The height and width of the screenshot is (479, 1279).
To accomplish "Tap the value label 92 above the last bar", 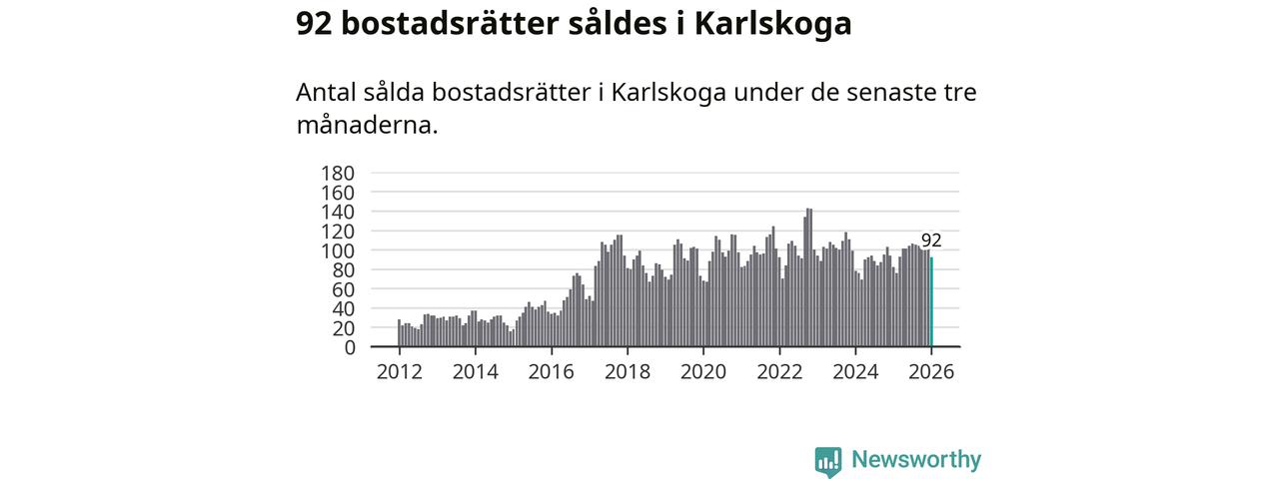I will point(931,240).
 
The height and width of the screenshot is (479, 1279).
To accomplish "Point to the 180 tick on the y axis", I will point(338,174).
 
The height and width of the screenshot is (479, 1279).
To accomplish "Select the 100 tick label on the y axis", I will point(338,250).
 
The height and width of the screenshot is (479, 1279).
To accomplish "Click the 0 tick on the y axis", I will point(350,347).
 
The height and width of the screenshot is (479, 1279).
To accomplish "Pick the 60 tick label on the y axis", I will point(344,289).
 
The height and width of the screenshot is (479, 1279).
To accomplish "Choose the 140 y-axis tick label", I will point(338,212).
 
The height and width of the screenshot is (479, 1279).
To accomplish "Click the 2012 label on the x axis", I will point(399,372).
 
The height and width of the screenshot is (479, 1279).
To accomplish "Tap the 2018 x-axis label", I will point(627,372).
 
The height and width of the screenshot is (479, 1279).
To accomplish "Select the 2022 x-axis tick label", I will point(779,372).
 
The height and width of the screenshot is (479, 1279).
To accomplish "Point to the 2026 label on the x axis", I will point(931,372).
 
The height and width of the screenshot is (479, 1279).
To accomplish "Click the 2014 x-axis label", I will point(475,372).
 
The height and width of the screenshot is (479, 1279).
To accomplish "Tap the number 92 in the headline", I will point(314,24).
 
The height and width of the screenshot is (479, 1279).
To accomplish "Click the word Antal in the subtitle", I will point(326,93).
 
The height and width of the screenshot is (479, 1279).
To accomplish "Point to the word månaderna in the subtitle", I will point(365,126).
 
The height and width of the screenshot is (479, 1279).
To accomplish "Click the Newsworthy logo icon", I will point(828,461).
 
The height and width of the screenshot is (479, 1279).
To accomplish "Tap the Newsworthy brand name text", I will point(916,460).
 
